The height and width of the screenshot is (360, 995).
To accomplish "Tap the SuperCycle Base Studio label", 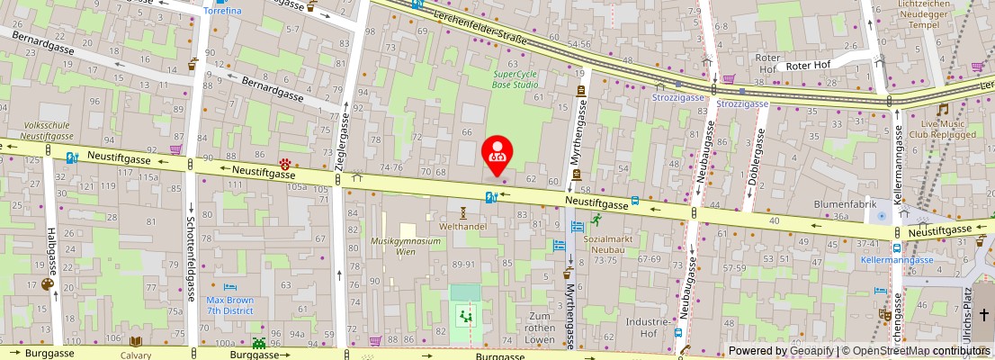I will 515,79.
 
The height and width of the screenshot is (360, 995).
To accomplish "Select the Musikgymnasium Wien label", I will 406,246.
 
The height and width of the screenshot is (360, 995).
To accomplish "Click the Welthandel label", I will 462,227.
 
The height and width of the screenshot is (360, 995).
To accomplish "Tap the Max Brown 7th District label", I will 229,305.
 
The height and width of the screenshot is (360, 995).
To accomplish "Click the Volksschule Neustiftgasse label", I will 47,130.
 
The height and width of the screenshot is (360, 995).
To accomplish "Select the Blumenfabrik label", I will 844,204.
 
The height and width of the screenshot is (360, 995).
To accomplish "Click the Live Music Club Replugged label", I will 942,129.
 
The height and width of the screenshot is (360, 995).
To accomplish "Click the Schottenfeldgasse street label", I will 192,261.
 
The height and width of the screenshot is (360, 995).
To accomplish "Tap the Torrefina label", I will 221,11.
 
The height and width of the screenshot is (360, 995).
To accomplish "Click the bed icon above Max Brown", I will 229,284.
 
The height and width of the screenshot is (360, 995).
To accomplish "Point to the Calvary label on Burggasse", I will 136,355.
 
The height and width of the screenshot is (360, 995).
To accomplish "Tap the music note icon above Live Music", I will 942,109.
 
